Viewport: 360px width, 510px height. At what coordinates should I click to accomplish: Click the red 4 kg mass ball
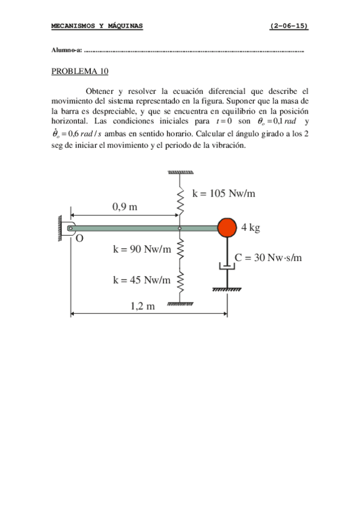227,227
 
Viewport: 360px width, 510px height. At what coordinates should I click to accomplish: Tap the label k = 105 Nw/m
224,193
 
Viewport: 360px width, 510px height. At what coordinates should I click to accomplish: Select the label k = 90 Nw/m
142,250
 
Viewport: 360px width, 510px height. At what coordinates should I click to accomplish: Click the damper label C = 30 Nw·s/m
268,258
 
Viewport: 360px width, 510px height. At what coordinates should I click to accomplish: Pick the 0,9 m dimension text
124,207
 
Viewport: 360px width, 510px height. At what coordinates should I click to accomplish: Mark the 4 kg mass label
251,227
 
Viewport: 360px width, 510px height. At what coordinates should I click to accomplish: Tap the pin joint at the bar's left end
70,227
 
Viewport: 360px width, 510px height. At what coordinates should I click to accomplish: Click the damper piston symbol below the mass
227,266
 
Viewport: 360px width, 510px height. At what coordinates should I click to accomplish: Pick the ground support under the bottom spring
180,304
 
